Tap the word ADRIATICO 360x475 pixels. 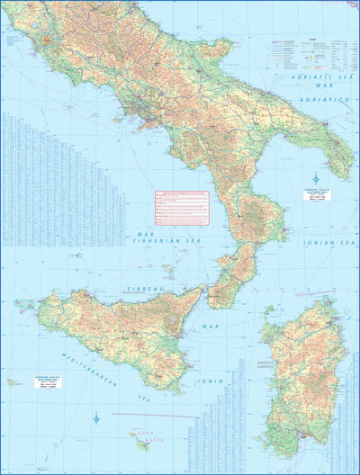tap(325, 100)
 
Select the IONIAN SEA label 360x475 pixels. tap(329, 242)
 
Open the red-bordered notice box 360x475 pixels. tap(181, 208)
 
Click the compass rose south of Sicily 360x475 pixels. tap(95, 418)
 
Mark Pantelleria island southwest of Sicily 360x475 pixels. tap(12, 382)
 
